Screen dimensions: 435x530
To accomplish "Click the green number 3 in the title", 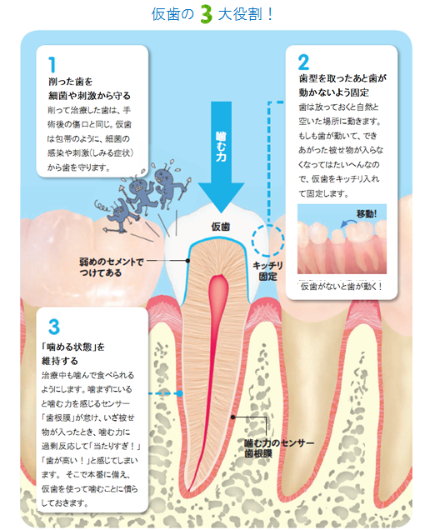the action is [206, 14].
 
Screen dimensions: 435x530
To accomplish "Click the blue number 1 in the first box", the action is [52, 64].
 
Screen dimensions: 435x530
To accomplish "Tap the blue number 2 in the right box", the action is [303, 62].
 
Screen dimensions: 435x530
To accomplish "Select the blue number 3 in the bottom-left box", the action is [54, 327].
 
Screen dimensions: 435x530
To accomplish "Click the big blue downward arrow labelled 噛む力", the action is [221, 157].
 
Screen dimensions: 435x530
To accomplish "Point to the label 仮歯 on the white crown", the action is [221, 227].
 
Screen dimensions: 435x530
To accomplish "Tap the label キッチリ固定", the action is [268, 271].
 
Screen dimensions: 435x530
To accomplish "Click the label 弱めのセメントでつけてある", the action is [112, 267].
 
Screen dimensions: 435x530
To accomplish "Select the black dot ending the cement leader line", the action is [188, 261].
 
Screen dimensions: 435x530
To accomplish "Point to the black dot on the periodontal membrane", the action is [232, 417].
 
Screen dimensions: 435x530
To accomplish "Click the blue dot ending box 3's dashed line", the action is [180, 393].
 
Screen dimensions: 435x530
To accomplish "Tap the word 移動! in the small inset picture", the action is [367, 213].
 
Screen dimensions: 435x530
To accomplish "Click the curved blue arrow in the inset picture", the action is [348, 222].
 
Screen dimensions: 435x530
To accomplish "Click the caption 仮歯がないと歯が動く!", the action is [342, 287].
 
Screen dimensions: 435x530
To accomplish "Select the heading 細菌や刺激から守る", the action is [89, 96].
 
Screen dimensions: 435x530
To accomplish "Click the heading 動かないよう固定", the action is [333, 92].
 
